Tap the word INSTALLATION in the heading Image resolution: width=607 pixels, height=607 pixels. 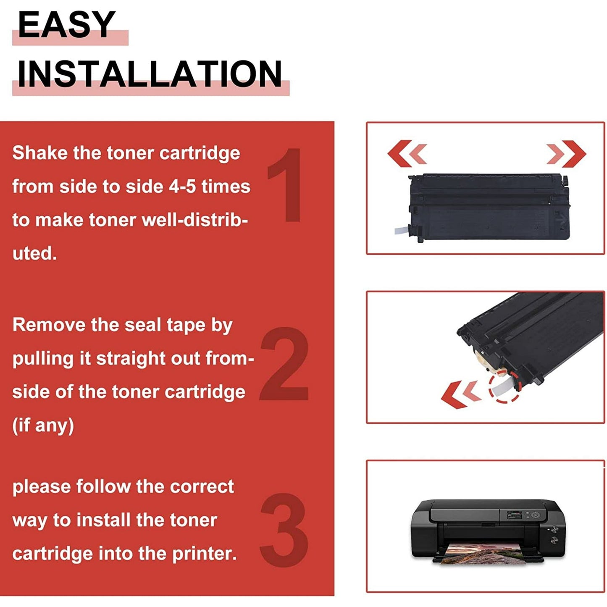tap(150, 74)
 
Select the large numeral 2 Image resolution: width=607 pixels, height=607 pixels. tap(284, 364)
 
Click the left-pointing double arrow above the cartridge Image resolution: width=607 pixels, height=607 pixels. tap(407, 153)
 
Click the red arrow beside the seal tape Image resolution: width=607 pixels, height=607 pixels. tap(460, 394)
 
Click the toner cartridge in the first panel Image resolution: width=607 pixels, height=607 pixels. tap(489, 207)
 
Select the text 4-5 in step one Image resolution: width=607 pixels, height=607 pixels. tap(182, 187)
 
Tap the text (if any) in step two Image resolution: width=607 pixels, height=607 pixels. tap(43, 425)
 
